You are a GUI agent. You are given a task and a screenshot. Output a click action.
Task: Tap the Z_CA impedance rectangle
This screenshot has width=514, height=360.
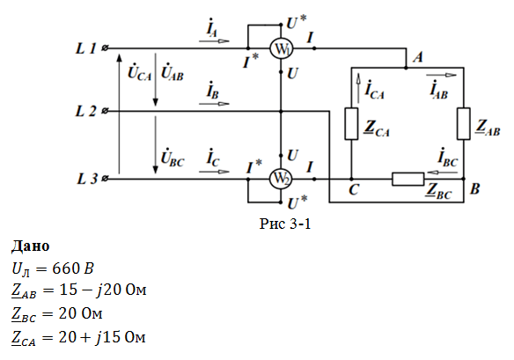351,123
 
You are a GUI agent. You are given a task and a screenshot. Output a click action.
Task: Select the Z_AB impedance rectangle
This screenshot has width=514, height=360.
464,123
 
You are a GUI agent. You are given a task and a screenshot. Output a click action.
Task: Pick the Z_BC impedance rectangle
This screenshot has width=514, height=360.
408,179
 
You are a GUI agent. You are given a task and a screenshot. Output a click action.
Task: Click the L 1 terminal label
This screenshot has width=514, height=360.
86,48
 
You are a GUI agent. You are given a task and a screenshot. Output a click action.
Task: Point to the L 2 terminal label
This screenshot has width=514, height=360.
86,112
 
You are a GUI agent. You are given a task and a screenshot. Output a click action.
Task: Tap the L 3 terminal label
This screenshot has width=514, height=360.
87,179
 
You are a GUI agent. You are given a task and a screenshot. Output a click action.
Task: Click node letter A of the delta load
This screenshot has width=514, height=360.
417,57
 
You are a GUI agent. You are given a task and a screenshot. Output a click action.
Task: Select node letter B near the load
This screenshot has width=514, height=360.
474,188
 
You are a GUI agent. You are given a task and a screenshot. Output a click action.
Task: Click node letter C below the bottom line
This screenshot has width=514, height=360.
354,189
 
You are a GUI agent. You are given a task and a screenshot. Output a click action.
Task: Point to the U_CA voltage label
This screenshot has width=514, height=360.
140,73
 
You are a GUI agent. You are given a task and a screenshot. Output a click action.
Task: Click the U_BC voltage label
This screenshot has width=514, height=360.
173,158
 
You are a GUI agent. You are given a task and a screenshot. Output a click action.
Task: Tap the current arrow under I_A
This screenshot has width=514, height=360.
214,41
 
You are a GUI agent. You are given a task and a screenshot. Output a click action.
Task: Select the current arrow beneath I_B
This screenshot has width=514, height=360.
214,104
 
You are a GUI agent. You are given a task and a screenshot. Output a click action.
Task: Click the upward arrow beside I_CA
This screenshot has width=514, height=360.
358,88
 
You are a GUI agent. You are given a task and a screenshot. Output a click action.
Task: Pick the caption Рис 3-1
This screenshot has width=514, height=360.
285,224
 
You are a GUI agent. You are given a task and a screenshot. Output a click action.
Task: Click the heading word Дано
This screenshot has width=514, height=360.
31,246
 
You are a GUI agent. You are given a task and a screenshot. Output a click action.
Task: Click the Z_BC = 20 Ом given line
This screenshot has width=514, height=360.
57,314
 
